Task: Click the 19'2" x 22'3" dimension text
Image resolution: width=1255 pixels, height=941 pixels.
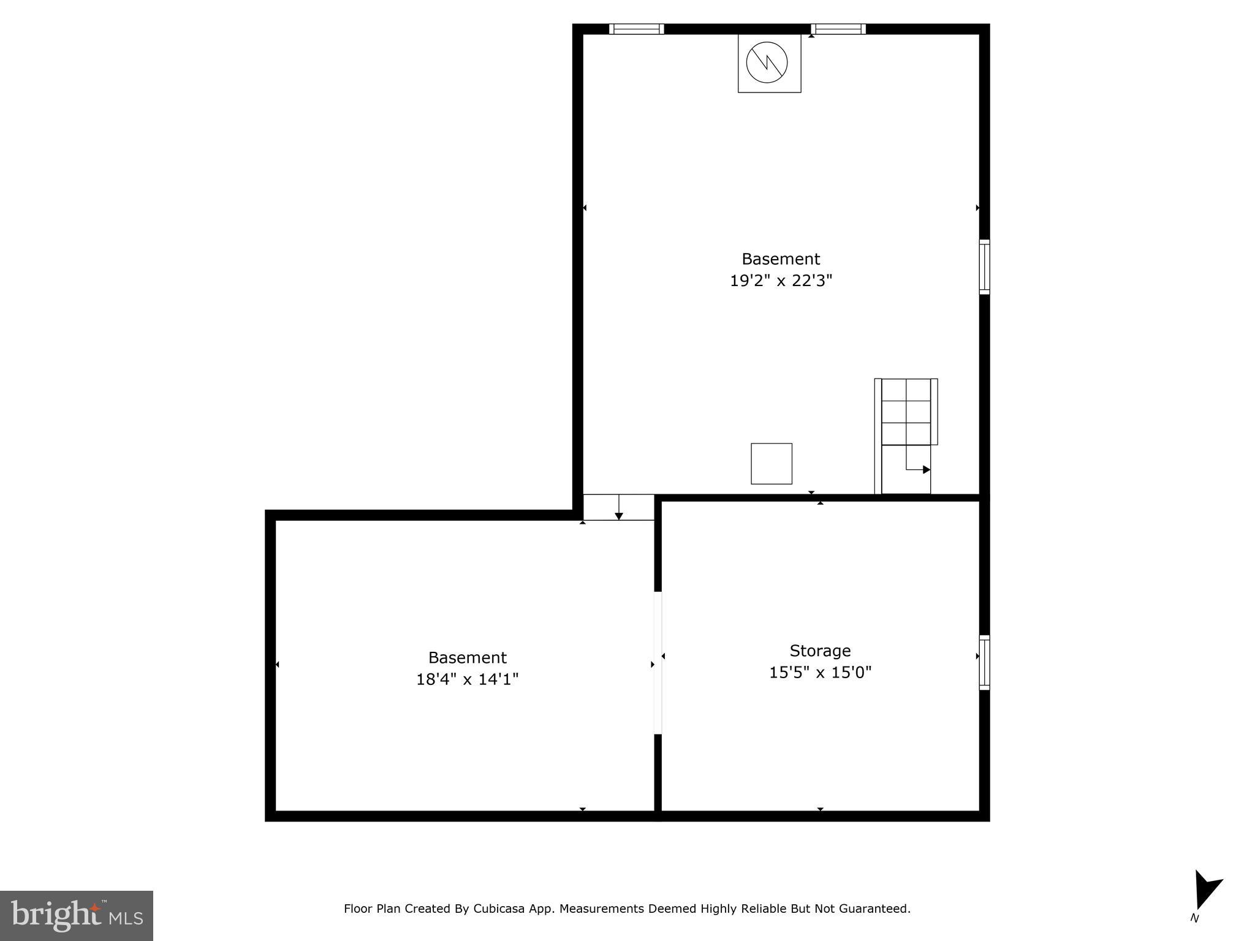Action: pyautogui.click(x=781, y=281)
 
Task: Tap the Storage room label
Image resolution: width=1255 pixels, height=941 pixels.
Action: pyautogui.click(x=820, y=651)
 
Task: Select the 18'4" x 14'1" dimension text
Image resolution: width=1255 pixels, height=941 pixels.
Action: pyautogui.click(x=467, y=679)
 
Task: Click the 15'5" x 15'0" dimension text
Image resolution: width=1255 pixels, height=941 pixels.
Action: pyautogui.click(x=820, y=673)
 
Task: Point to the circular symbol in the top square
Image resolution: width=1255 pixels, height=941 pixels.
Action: pyautogui.click(x=767, y=62)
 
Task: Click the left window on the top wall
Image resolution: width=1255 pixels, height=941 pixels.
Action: pyautogui.click(x=636, y=29)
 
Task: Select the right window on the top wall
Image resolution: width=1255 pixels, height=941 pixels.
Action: pyautogui.click(x=838, y=29)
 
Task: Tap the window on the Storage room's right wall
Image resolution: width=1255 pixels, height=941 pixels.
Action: pyautogui.click(x=984, y=662)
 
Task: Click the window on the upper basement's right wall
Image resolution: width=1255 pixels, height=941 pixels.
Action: pyautogui.click(x=984, y=266)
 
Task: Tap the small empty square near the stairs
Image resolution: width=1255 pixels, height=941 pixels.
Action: pyautogui.click(x=772, y=464)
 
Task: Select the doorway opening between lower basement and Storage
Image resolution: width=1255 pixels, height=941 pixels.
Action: pyautogui.click(x=658, y=662)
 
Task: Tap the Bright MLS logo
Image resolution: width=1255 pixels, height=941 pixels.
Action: pyautogui.click(x=77, y=916)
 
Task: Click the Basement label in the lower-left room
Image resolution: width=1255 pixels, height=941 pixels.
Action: pyautogui.click(x=467, y=658)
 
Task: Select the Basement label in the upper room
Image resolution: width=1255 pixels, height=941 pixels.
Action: pyautogui.click(x=781, y=259)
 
